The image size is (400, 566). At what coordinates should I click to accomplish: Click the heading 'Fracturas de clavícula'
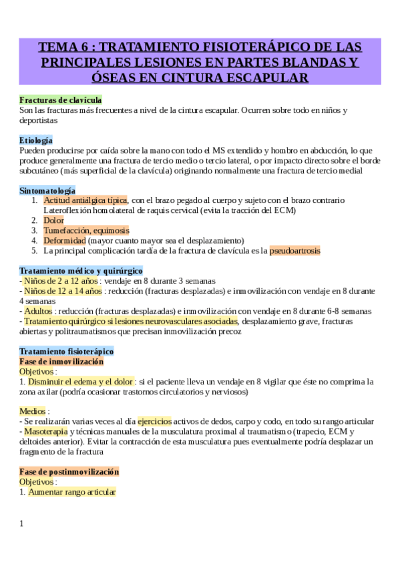pos(60,99)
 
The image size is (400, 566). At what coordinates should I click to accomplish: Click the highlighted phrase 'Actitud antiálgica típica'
pos(85,200)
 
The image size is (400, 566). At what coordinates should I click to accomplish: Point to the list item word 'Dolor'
pos(53,220)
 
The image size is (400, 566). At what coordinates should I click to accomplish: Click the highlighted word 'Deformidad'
pos(64,240)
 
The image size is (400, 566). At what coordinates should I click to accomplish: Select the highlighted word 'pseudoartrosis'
pos(294,250)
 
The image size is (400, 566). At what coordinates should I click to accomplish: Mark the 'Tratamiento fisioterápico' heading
pos(67,351)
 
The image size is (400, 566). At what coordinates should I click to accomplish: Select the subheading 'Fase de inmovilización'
pos(61,361)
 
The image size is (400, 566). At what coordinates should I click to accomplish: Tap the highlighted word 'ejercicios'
pos(154,421)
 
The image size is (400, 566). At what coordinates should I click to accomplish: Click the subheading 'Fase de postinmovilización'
pos(69,471)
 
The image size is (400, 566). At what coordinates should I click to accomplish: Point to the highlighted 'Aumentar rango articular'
pos(72,492)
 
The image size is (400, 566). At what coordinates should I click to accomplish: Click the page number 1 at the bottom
pos(21,523)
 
